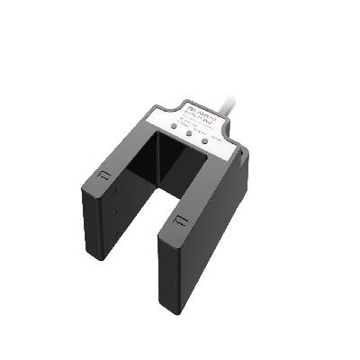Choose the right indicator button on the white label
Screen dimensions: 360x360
[x=205, y=140]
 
